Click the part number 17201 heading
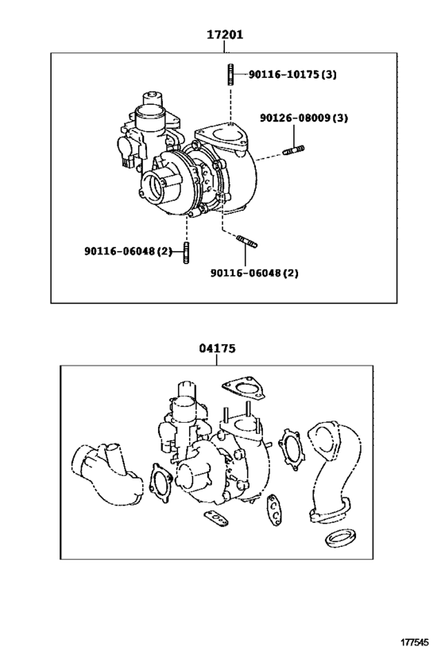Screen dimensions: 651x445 225,35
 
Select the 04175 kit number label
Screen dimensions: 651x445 217,348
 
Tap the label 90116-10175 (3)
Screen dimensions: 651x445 292,75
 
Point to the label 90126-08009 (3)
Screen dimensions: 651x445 303,118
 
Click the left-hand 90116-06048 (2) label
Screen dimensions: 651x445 128,251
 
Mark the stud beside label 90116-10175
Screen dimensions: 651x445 229,75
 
